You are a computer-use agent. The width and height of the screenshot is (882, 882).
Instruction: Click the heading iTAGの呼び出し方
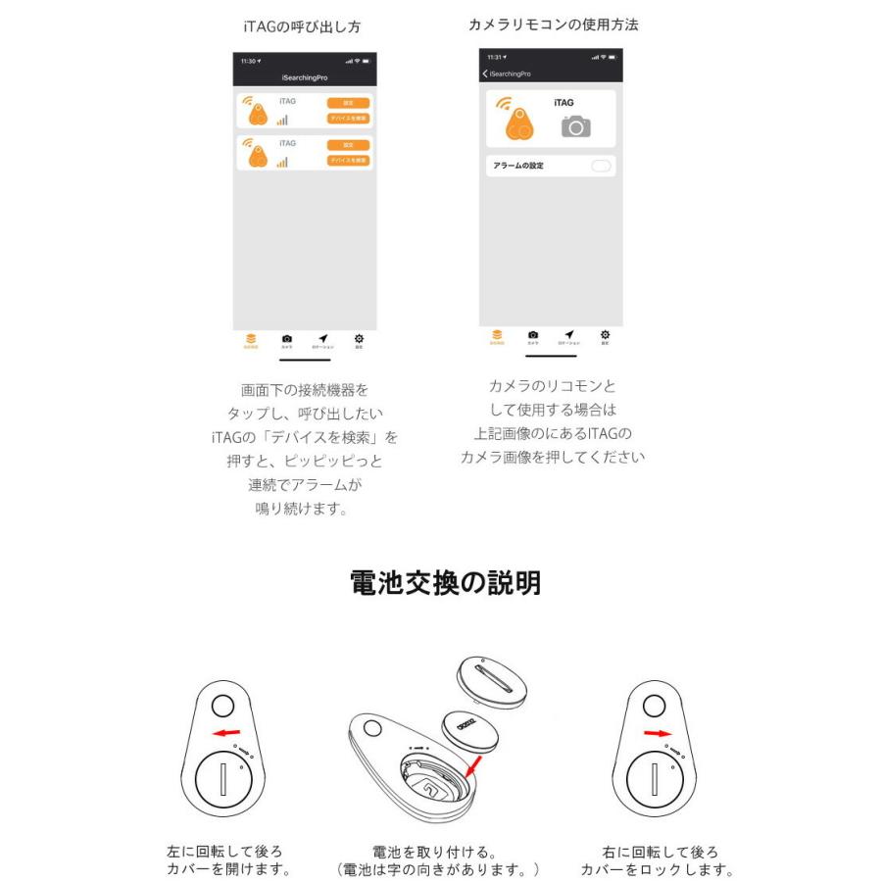[x=306, y=26]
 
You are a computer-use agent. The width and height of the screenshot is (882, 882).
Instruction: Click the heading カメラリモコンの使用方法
[x=553, y=24]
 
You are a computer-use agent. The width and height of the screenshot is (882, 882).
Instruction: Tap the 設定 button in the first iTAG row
[x=348, y=103]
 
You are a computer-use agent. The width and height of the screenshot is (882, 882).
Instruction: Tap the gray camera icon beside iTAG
[x=575, y=125]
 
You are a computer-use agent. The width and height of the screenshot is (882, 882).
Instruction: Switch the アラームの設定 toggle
[x=601, y=166]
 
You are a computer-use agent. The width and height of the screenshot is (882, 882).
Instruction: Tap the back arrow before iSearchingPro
[x=485, y=74]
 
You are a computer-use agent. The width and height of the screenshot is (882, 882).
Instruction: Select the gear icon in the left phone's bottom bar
[x=359, y=339]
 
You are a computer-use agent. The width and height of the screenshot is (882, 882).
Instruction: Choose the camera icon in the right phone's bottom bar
[x=533, y=335]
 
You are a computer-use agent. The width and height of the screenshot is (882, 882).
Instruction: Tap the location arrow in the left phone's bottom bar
[x=322, y=339]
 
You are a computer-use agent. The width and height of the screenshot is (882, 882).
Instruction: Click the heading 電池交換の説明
[x=445, y=584]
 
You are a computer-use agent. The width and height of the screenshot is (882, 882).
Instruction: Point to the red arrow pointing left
[x=227, y=733]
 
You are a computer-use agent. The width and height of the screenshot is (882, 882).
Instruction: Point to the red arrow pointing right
[x=658, y=733]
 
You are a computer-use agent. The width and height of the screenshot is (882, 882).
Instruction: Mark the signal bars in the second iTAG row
[x=282, y=162]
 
